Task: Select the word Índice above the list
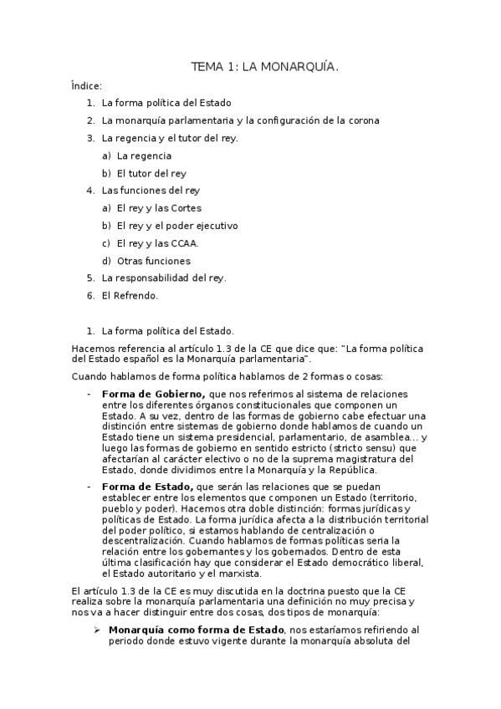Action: click(86, 85)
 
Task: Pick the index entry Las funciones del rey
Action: click(151, 191)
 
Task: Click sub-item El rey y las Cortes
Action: click(159, 208)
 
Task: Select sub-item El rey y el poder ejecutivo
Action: click(177, 226)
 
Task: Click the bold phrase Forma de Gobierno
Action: click(153, 393)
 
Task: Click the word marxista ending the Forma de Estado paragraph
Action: click(240, 574)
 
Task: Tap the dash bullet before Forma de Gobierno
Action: click(89, 393)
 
